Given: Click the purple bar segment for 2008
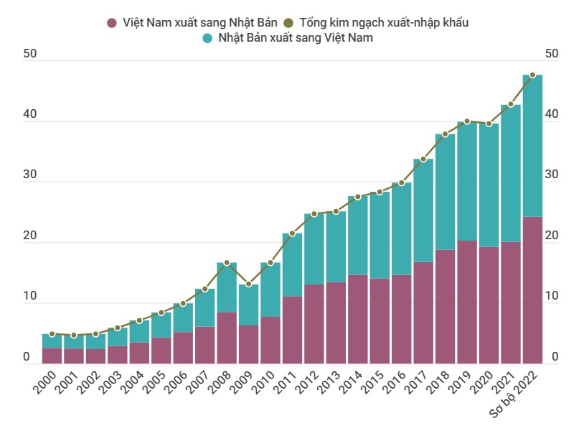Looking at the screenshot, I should pyautogui.click(x=227, y=338).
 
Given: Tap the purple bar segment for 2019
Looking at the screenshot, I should pyautogui.click(x=467, y=302).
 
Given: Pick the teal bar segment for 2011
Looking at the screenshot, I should pyautogui.click(x=292, y=265).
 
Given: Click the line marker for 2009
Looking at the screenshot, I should pyautogui.click(x=248, y=284).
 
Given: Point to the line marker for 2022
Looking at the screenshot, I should pyautogui.click(x=532, y=75).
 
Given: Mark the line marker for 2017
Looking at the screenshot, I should pyautogui.click(x=423, y=159).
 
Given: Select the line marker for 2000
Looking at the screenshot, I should pyautogui.click(x=52, y=334).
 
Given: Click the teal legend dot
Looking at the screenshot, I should pyautogui.click(x=208, y=37).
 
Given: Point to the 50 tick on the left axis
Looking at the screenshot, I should pyautogui.click(x=29, y=55).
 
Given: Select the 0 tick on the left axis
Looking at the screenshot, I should pyautogui.click(x=27, y=357).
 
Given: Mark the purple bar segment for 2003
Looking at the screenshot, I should pyautogui.click(x=118, y=355).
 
